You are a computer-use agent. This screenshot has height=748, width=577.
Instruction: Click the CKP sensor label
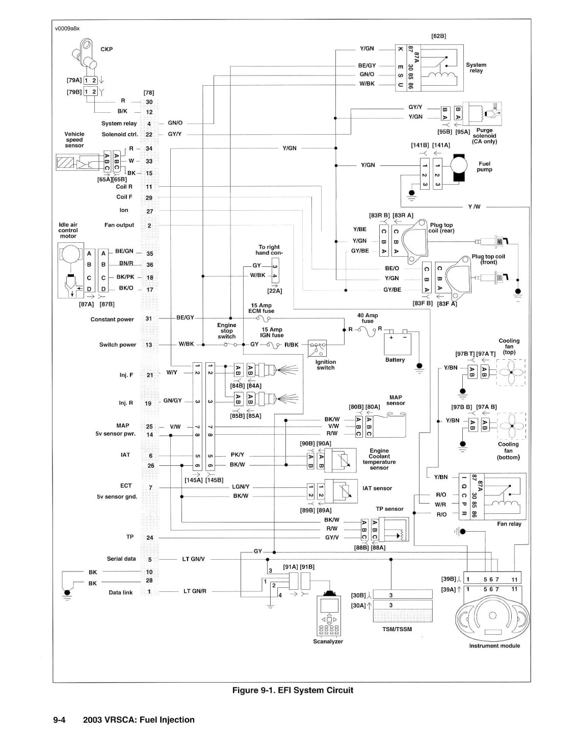(107, 49)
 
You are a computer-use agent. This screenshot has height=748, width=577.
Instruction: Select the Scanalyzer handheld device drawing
(328, 614)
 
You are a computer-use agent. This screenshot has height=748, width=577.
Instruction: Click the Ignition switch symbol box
(317, 348)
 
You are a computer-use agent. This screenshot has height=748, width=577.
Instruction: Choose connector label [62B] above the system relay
(438, 36)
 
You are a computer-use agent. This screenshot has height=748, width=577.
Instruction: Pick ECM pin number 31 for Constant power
(148, 318)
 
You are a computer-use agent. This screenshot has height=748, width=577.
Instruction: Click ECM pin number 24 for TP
(149, 537)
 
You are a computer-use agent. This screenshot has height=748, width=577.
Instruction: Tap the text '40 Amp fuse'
(367, 318)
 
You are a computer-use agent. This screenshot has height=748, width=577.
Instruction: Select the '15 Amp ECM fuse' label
(261, 308)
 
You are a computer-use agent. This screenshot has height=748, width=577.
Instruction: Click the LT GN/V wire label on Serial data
(193, 559)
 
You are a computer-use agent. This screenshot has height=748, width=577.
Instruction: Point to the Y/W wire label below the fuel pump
(474, 207)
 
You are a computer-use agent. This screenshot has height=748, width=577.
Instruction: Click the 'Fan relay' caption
(509, 523)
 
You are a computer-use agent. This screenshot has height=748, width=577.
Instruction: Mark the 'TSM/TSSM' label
(397, 629)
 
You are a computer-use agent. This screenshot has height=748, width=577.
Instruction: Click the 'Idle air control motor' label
(68, 230)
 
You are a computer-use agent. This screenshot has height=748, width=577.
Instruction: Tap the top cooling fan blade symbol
(511, 372)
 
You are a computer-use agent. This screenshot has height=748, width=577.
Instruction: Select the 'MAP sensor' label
(396, 400)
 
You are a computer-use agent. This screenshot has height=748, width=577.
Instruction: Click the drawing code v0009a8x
(67, 29)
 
